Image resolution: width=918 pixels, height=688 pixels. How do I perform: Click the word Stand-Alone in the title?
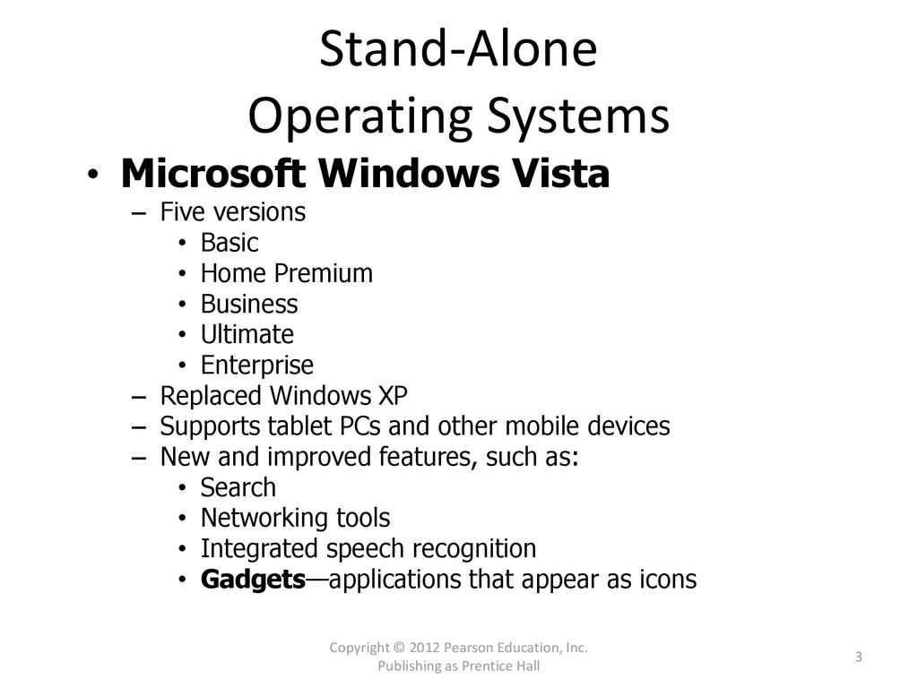point(458,48)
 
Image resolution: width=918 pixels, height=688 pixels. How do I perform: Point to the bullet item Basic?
point(229,243)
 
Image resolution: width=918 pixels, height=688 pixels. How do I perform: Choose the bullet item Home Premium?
point(287,273)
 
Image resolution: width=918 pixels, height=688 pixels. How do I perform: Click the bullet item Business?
point(249,305)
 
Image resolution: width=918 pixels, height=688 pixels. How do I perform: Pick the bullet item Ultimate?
point(247,335)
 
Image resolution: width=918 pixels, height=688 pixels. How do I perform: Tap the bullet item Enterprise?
point(257,365)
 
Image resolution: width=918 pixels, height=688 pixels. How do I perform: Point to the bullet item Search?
point(238,488)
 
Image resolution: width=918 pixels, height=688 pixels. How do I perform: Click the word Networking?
point(264,519)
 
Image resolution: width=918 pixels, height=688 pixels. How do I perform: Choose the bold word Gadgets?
point(253,580)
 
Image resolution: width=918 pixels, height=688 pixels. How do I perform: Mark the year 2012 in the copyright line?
point(424,648)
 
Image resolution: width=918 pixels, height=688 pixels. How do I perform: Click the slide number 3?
point(859,657)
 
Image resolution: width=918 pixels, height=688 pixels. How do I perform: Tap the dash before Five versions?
point(139,213)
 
